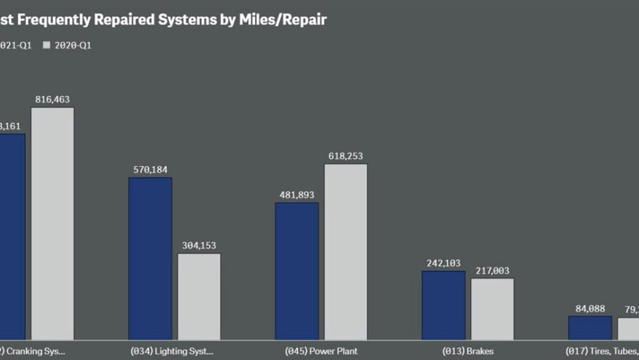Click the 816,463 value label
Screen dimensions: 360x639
[53, 100]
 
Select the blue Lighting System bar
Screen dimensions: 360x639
[150, 258]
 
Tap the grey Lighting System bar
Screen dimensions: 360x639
[199, 297]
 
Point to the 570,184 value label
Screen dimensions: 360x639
[150, 170]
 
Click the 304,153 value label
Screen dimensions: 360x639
[199, 246]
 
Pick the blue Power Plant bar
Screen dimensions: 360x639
[297, 271]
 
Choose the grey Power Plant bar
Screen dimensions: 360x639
[346, 252]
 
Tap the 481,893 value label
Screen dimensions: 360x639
[297, 195]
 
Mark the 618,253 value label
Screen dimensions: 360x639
[346, 157]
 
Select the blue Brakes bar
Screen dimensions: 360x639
[443, 305]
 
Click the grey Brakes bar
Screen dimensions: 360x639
[492, 309]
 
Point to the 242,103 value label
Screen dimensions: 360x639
[443, 263]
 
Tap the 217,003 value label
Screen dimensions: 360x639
[492, 271]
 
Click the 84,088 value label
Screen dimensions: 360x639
[590, 309]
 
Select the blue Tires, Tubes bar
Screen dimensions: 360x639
[590, 328]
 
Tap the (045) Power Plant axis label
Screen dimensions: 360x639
[321, 351]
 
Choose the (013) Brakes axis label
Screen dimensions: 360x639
[468, 351]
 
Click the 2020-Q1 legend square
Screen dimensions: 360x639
[46, 46]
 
